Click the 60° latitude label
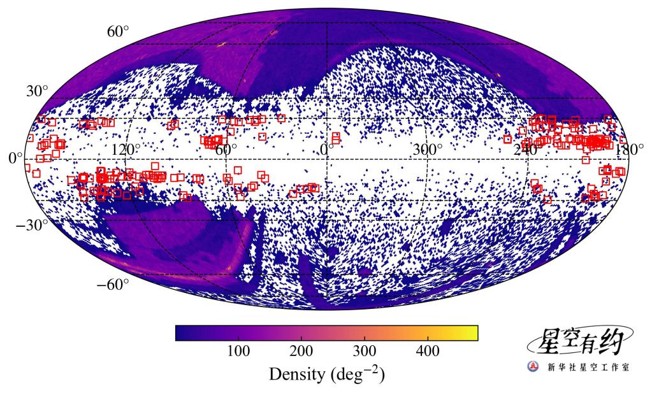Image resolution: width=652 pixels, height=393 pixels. (x=118, y=31)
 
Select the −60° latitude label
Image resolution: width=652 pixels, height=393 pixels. (x=113, y=284)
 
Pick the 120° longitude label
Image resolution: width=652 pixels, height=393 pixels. (x=126, y=150)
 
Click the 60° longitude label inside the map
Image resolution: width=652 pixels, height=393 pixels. (x=226, y=150)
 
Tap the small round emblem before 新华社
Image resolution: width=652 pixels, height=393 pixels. (x=532, y=368)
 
